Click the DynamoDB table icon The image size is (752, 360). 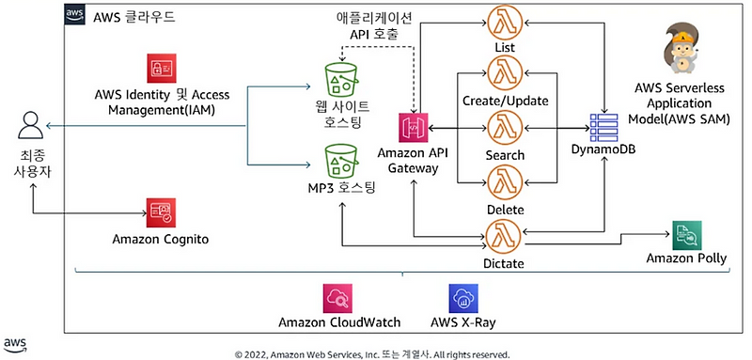pyautogui.click(x=602, y=128)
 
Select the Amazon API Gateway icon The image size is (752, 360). pyautogui.click(x=415, y=129)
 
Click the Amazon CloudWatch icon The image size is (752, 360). pyautogui.click(x=336, y=299)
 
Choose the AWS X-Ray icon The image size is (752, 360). pyautogui.click(x=463, y=299)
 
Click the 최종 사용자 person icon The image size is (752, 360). pyautogui.click(x=31, y=125)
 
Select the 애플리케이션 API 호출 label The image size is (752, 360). pyautogui.click(x=373, y=25)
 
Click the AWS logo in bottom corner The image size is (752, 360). pyautogui.click(x=16, y=344)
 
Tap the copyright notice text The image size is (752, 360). pyautogui.click(x=372, y=353)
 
